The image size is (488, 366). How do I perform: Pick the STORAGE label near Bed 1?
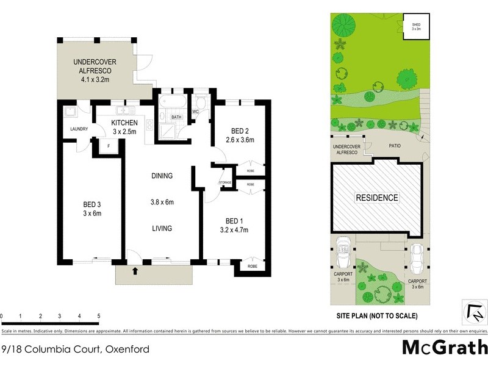[225, 183]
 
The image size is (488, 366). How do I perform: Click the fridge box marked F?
[109, 146]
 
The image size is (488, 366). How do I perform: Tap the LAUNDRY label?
[79, 129]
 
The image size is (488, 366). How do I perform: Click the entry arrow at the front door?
[134, 269]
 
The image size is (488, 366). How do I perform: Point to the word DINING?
[162, 176]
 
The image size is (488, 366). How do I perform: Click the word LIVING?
[162, 228]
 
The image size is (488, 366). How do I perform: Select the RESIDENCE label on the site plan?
[378, 198]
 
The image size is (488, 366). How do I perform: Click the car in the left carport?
[342, 253]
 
